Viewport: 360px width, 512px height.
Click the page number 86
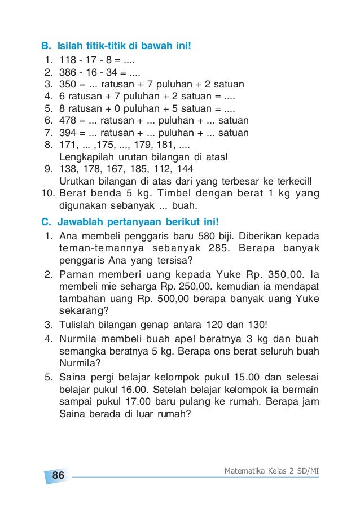[x=58, y=475]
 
